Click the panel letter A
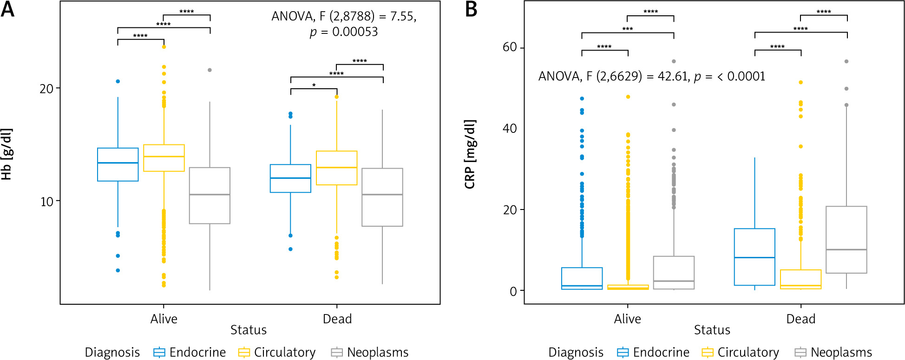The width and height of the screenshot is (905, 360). coord(7,9)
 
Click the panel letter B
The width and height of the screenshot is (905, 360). coord(471,9)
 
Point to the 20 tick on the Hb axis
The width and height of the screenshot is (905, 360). coord(47,89)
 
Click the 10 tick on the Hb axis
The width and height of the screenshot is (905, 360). coord(47,202)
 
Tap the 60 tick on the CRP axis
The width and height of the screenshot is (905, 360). coord(510,47)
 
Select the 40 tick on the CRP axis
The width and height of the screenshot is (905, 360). coord(510,129)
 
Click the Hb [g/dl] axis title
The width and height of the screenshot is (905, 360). coord(7,154)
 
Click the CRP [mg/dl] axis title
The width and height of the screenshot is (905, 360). coord(470,154)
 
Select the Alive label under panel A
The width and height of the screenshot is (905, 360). coord(164,319)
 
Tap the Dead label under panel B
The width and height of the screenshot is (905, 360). coord(800,319)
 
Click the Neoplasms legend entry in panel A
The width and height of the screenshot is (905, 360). coord(370,353)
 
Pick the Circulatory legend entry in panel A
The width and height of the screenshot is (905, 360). coord(277,353)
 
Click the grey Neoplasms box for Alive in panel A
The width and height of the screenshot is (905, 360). coord(210,196)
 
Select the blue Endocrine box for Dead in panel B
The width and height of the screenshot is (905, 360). coord(754,257)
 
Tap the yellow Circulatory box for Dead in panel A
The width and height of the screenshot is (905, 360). coord(336,168)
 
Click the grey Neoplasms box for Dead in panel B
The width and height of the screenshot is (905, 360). coord(846,240)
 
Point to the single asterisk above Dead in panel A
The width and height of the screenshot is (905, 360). coord(314,85)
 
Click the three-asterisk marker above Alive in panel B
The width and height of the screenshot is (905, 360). coord(627,29)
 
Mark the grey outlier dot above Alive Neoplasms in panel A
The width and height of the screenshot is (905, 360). coord(210,70)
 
